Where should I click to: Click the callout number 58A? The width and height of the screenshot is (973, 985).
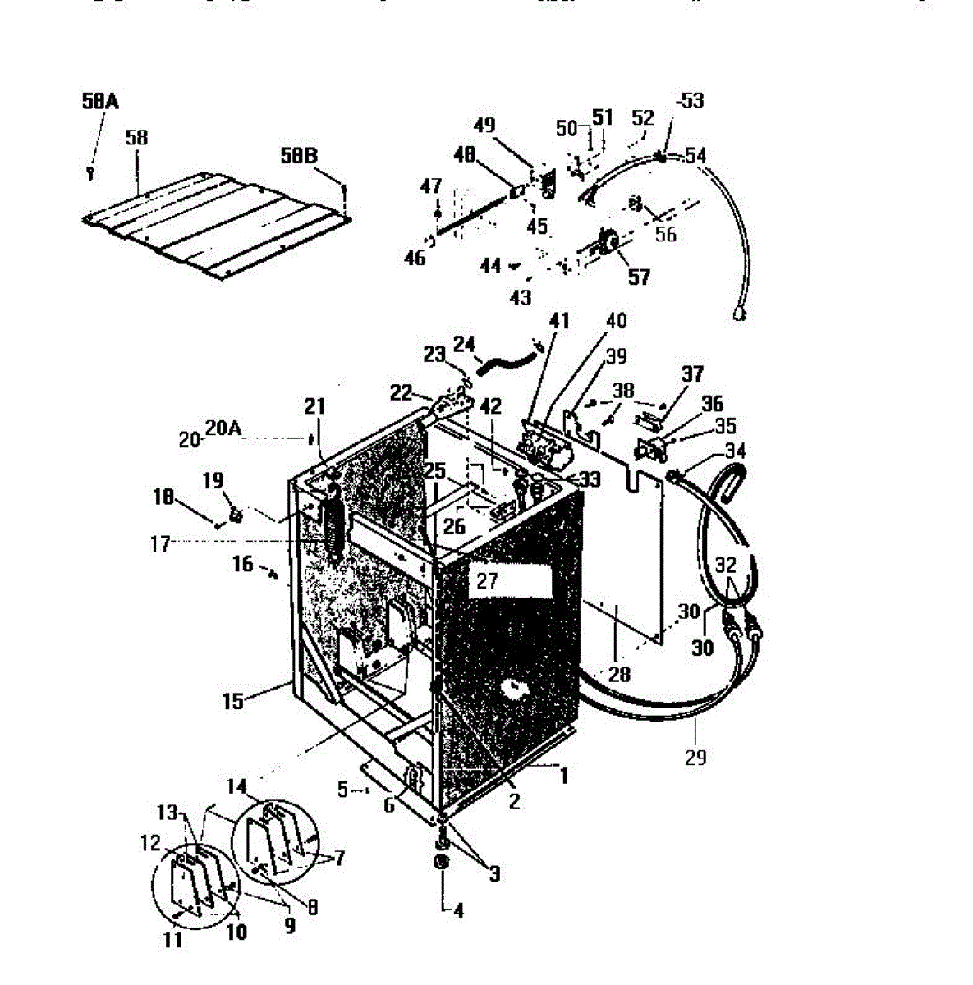click(100, 102)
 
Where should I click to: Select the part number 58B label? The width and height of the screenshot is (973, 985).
click(300, 156)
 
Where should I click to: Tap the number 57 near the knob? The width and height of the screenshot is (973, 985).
click(639, 277)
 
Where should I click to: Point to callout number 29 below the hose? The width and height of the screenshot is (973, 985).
click(695, 756)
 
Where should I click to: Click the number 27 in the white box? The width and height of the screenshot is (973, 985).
click(488, 581)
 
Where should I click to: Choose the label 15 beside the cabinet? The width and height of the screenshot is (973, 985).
click(233, 700)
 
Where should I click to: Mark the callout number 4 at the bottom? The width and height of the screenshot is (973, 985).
click(458, 910)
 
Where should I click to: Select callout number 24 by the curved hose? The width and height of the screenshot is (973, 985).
click(464, 343)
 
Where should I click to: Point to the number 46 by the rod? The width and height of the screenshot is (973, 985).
click(415, 258)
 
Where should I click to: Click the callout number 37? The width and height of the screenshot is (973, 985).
click(692, 374)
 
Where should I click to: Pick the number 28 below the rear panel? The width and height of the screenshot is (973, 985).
click(619, 674)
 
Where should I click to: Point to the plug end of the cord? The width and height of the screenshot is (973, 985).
click(740, 313)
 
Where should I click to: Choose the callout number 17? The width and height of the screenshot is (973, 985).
click(160, 543)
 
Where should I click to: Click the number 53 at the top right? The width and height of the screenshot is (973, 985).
click(691, 101)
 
